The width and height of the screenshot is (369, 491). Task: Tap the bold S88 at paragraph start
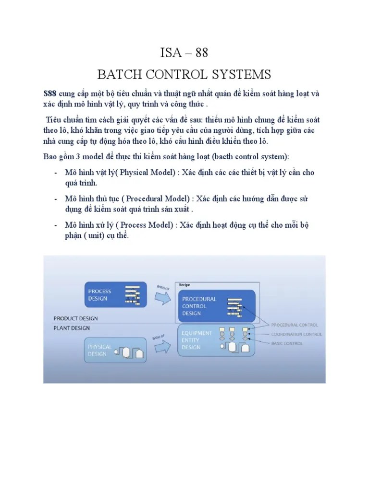[50, 94]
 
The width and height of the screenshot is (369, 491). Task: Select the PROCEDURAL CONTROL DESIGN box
[216, 306]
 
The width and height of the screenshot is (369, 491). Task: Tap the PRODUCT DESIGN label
[75, 318]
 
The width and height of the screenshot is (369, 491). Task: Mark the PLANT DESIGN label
[72, 328]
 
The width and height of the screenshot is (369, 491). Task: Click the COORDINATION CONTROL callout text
[296, 334]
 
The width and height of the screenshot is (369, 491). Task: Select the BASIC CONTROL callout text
[286, 343]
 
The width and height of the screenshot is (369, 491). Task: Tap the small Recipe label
[184, 285]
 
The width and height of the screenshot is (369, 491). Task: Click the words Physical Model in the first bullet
[131, 172]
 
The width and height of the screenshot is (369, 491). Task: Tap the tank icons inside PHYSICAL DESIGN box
[130, 353]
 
